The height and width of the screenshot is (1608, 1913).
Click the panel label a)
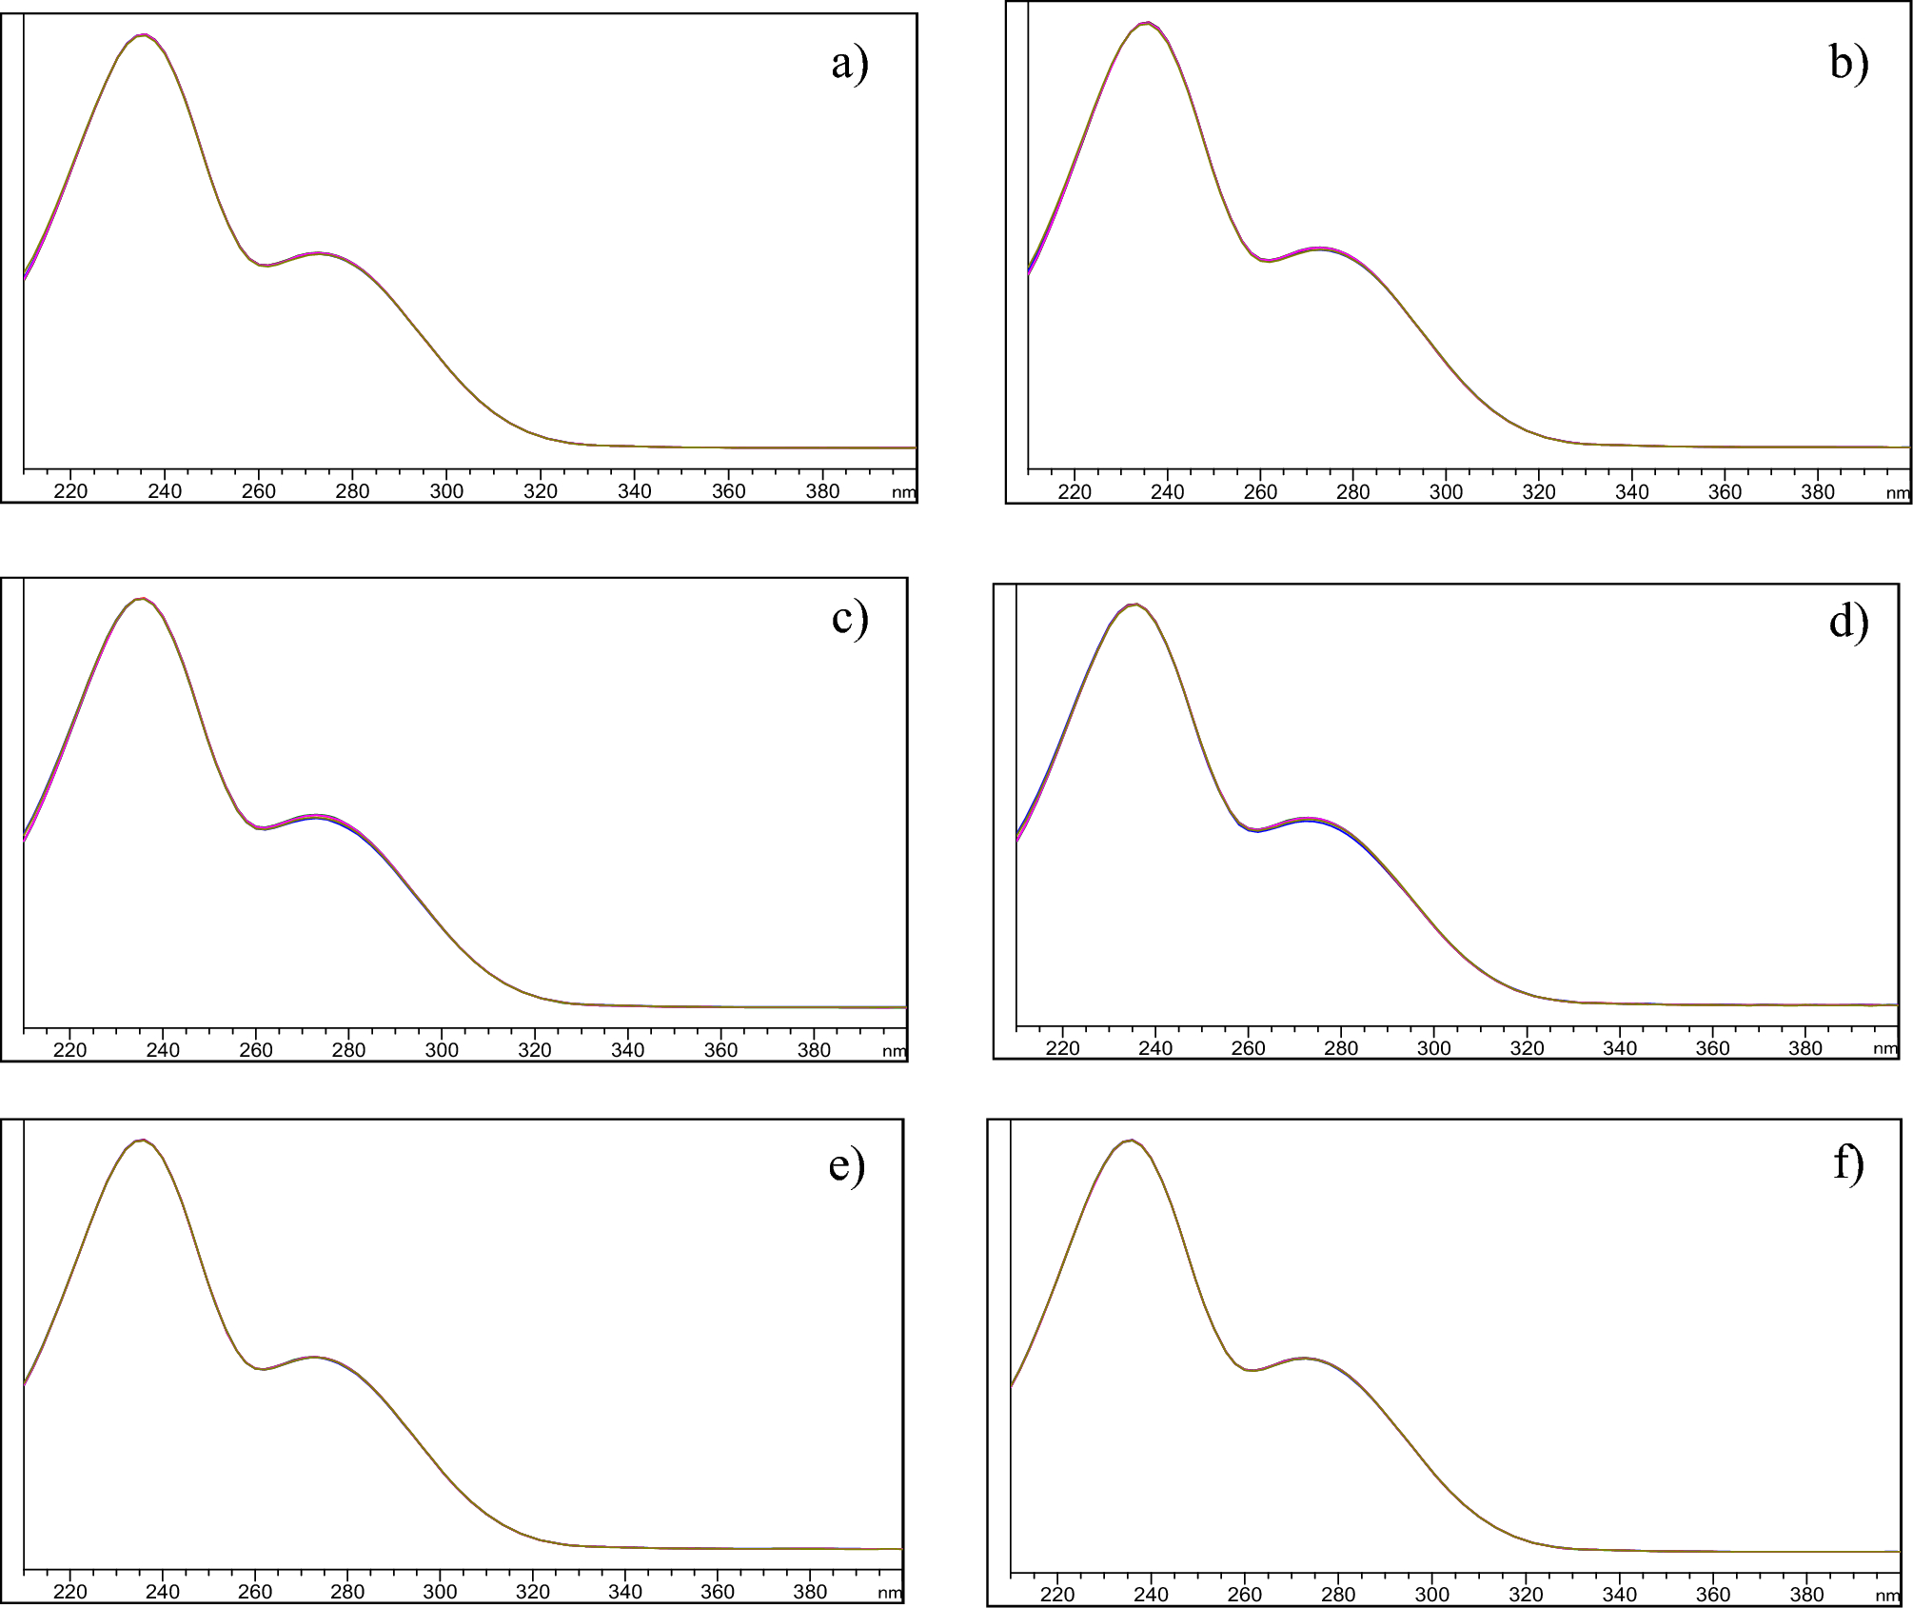coord(849,65)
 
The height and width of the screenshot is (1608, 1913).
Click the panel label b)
coord(1848,63)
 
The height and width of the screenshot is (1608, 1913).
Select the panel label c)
coord(849,619)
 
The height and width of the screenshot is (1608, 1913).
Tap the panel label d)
coord(1848,622)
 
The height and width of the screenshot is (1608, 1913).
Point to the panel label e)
coord(846,1165)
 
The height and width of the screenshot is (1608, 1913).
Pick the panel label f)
coord(1848,1163)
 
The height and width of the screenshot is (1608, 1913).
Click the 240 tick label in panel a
coord(165,491)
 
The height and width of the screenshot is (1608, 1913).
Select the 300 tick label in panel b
coord(1446,492)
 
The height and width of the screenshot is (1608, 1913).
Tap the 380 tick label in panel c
coord(814,1050)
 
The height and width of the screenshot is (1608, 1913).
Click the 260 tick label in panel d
coord(1248,1048)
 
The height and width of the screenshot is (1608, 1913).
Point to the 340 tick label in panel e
coord(624,1592)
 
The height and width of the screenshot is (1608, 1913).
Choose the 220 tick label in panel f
coord(1057,1595)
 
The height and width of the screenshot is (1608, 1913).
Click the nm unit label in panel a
coord(903,492)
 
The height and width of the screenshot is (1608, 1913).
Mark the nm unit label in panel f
coord(1887,1596)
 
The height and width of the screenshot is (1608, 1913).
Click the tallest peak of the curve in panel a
coord(143,35)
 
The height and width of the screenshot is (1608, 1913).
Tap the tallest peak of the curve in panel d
coord(1134,605)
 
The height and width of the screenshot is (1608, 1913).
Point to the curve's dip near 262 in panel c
coord(264,828)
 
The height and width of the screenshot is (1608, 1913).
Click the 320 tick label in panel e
coord(532,1592)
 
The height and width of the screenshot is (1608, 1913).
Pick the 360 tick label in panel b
coord(1725,492)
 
